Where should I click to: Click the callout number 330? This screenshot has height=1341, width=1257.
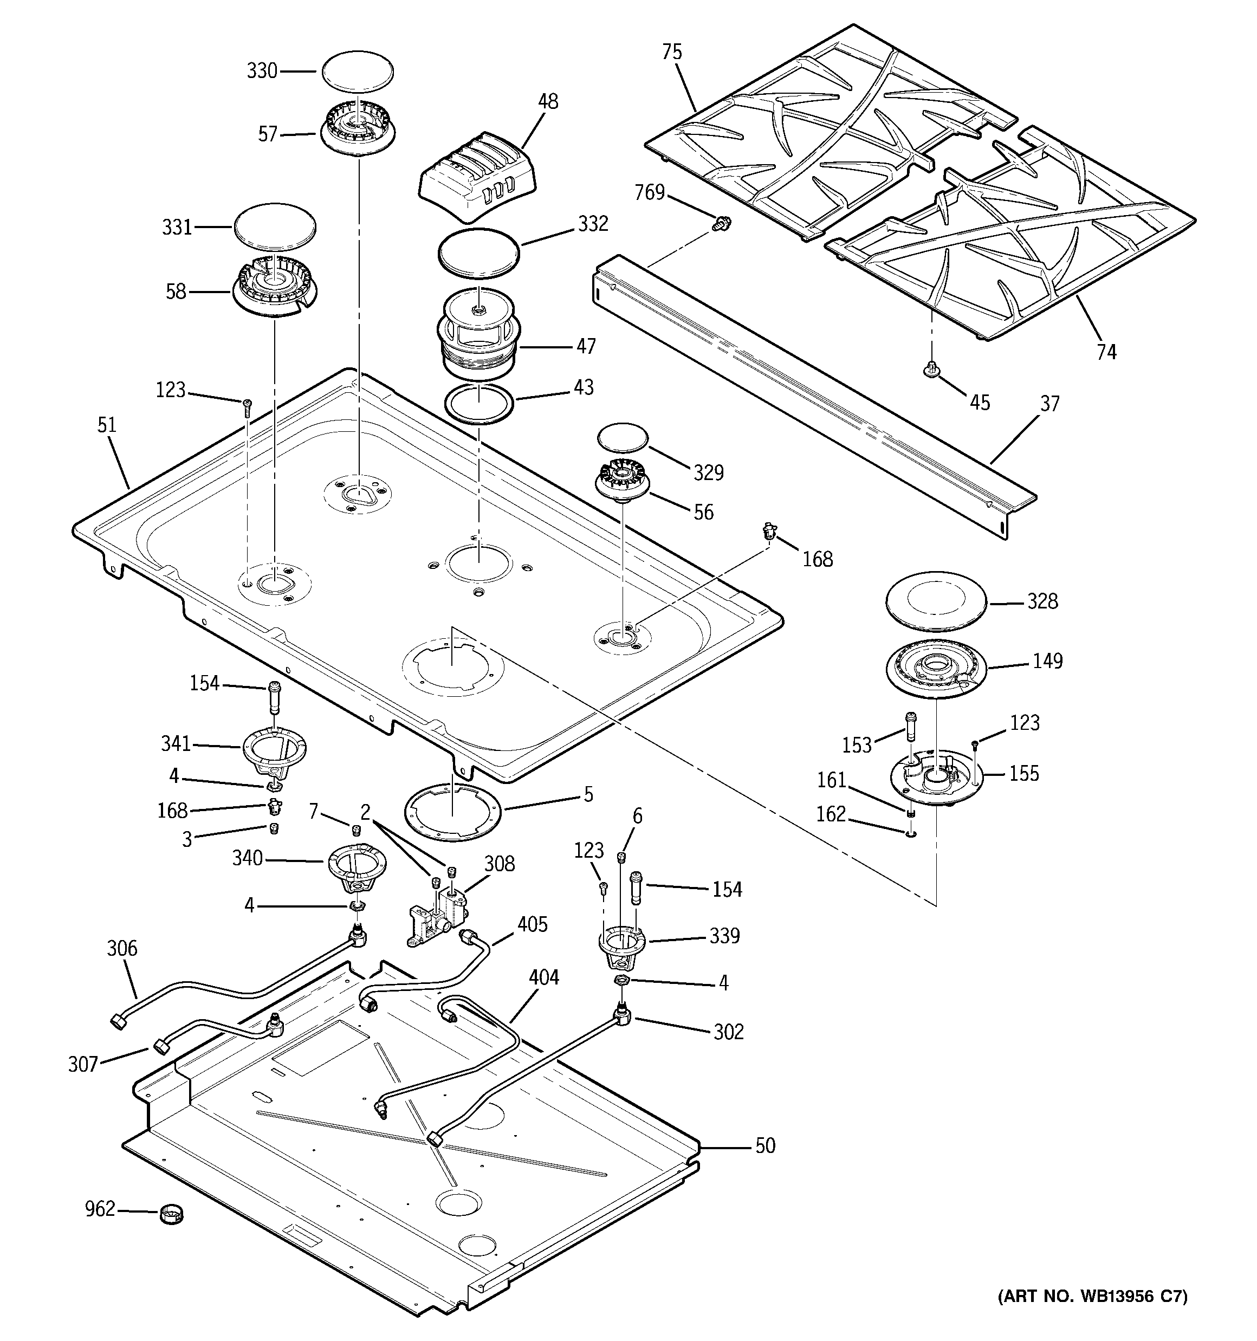pos(262,71)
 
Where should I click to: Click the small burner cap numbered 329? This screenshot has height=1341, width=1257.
pos(622,438)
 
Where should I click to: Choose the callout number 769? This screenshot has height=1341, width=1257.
pos(650,193)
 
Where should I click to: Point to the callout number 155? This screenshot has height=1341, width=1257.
pos(1023,773)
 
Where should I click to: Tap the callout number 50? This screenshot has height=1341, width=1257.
pos(765,1145)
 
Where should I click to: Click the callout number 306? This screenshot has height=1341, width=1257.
pos(121,948)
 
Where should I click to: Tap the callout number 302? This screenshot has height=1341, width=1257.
pos(729,1032)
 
